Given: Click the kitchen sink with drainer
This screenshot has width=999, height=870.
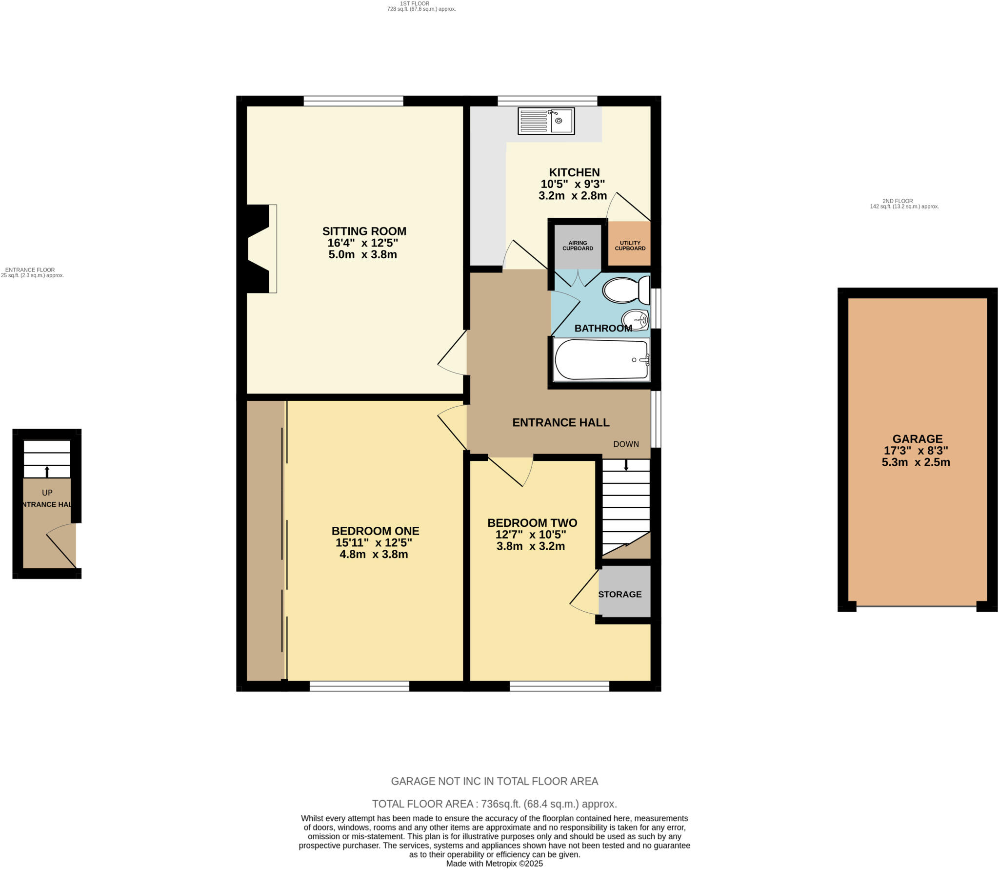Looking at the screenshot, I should (x=546, y=121).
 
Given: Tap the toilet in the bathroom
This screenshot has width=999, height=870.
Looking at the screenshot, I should (x=626, y=290).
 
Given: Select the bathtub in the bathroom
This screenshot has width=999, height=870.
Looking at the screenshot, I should (x=601, y=360).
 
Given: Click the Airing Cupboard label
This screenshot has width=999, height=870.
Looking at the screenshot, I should (x=578, y=246).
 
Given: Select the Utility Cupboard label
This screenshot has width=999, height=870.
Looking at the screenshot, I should (x=630, y=246).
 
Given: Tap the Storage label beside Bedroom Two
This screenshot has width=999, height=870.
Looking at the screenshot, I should (x=619, y=594).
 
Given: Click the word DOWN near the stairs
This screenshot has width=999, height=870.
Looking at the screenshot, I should (x=626, y=444).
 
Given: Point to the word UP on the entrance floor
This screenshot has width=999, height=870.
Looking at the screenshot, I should (x=47, y=493).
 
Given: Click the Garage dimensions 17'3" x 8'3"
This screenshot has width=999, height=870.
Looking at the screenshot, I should (x=916, y=451).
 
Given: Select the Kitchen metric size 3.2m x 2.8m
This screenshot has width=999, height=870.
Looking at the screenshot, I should (x=573, y=196).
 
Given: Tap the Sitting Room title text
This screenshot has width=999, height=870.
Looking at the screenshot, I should (x=364, y=231).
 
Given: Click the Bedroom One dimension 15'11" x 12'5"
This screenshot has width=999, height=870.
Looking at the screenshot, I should (x=374, y=542).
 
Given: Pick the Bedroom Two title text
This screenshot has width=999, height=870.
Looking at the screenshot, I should (x=532, y=523).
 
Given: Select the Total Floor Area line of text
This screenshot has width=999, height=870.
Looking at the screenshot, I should (x=494, y=804).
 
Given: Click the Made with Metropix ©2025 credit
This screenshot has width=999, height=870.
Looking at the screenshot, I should (x=494, y=863).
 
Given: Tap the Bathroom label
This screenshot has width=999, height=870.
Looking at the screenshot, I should (x=603, y=328).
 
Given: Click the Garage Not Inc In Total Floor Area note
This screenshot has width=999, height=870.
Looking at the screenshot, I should (x=494, y=781).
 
